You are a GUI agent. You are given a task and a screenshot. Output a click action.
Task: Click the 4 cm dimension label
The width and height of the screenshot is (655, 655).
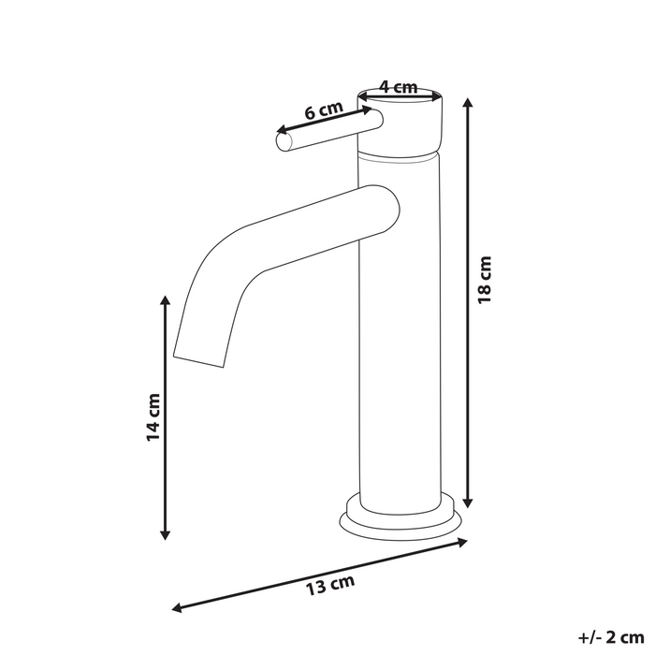[399, 88]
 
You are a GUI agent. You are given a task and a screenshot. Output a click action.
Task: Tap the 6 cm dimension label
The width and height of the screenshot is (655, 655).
[323, 110]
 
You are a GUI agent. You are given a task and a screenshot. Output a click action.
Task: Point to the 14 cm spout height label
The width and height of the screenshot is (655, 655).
[154, 418]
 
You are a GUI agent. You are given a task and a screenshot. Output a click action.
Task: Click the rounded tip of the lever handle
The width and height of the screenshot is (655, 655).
[283, 141]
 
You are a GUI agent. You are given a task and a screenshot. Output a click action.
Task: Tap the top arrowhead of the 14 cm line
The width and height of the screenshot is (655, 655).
[166, 298]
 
